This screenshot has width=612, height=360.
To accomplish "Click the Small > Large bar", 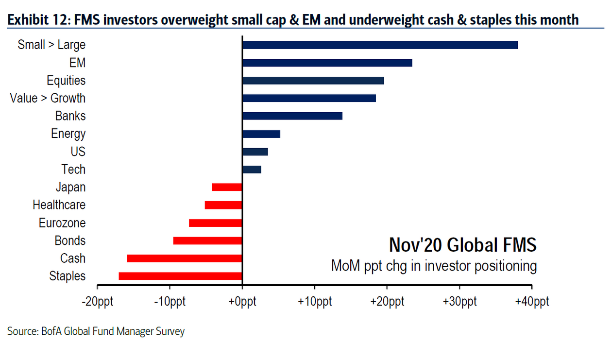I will pos(380,45).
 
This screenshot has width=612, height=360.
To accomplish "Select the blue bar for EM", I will pos(327,63).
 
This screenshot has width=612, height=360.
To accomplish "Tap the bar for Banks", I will pos(292,116).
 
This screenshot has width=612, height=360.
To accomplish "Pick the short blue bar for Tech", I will pos(252,170).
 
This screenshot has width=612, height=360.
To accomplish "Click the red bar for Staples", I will pos(180,276).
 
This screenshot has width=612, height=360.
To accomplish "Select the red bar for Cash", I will pos(184,258).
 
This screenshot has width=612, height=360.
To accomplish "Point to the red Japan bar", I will pos(227,187).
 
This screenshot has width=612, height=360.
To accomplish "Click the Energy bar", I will pos(261,134).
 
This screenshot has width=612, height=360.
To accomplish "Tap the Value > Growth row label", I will pos(48,98).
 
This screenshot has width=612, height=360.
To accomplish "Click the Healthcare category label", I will pos(59,205).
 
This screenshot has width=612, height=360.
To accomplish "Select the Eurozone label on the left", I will pos(62,223).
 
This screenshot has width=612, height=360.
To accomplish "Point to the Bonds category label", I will pos(70,240).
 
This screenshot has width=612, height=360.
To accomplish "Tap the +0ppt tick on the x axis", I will pos(242,302).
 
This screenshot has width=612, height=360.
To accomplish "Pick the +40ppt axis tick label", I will pos(531,302).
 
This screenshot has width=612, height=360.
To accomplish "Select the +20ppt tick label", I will pos(387,302).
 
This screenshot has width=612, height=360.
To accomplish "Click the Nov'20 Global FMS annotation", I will pos(462,245).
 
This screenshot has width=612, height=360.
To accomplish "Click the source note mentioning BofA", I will pos(96,332).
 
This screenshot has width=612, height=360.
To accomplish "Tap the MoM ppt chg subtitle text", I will pos(434,266).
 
